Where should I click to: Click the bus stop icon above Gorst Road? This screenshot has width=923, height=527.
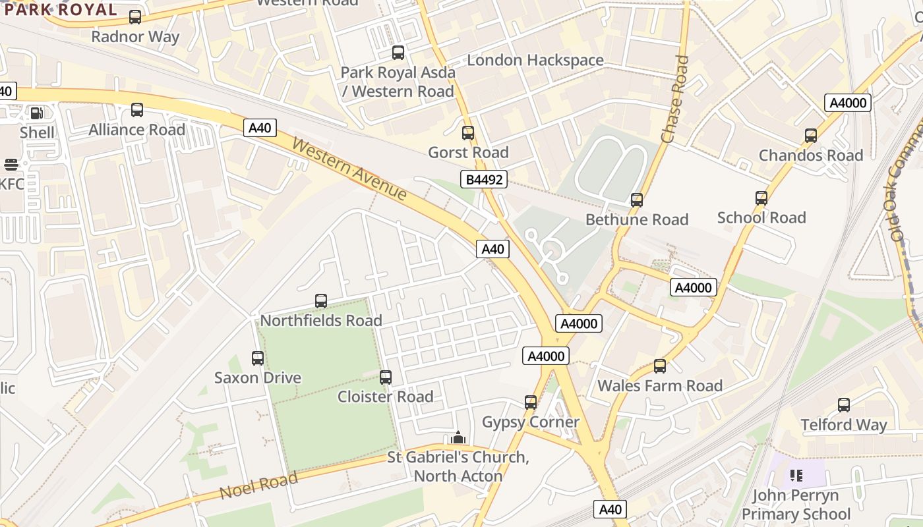click(468, 133)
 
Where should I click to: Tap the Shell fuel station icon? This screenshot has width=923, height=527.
click(37, 113)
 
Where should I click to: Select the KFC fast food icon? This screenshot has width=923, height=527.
click(11, 164)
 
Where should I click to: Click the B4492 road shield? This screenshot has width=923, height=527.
click(483, 179)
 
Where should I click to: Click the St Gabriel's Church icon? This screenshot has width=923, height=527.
click(458, 438)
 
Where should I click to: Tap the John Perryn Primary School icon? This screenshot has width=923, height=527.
click(796, 475)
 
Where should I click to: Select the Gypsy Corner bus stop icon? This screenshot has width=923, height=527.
click(531, 402)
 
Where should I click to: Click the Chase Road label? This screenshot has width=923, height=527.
click(675, 99)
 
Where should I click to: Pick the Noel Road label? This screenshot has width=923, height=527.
click(258, 486)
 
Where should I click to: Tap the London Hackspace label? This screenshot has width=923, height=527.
click(535, 60)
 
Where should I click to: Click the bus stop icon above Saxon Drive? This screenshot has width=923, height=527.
click(258, 358)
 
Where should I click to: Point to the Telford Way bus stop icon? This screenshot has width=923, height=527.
click(844, 405)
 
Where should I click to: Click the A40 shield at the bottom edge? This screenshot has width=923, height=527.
click(610, 509)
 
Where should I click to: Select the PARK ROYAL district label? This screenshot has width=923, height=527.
click(61, 9)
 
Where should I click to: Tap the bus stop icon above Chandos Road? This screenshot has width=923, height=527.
click(811, 136)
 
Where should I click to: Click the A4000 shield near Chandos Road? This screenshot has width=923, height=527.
click(849, 103)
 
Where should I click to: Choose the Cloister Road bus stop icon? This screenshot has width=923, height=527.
click(386, 377)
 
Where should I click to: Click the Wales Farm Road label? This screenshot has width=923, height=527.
click(660, 385)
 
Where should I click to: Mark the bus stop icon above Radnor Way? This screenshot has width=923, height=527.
click(135, 17)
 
